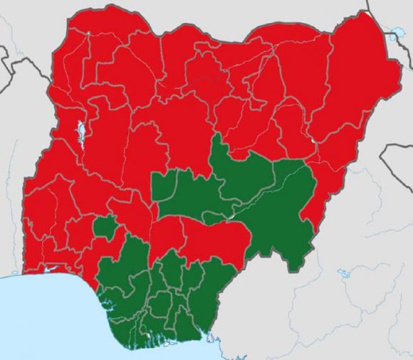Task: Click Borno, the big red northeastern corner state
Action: pos(356,78)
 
